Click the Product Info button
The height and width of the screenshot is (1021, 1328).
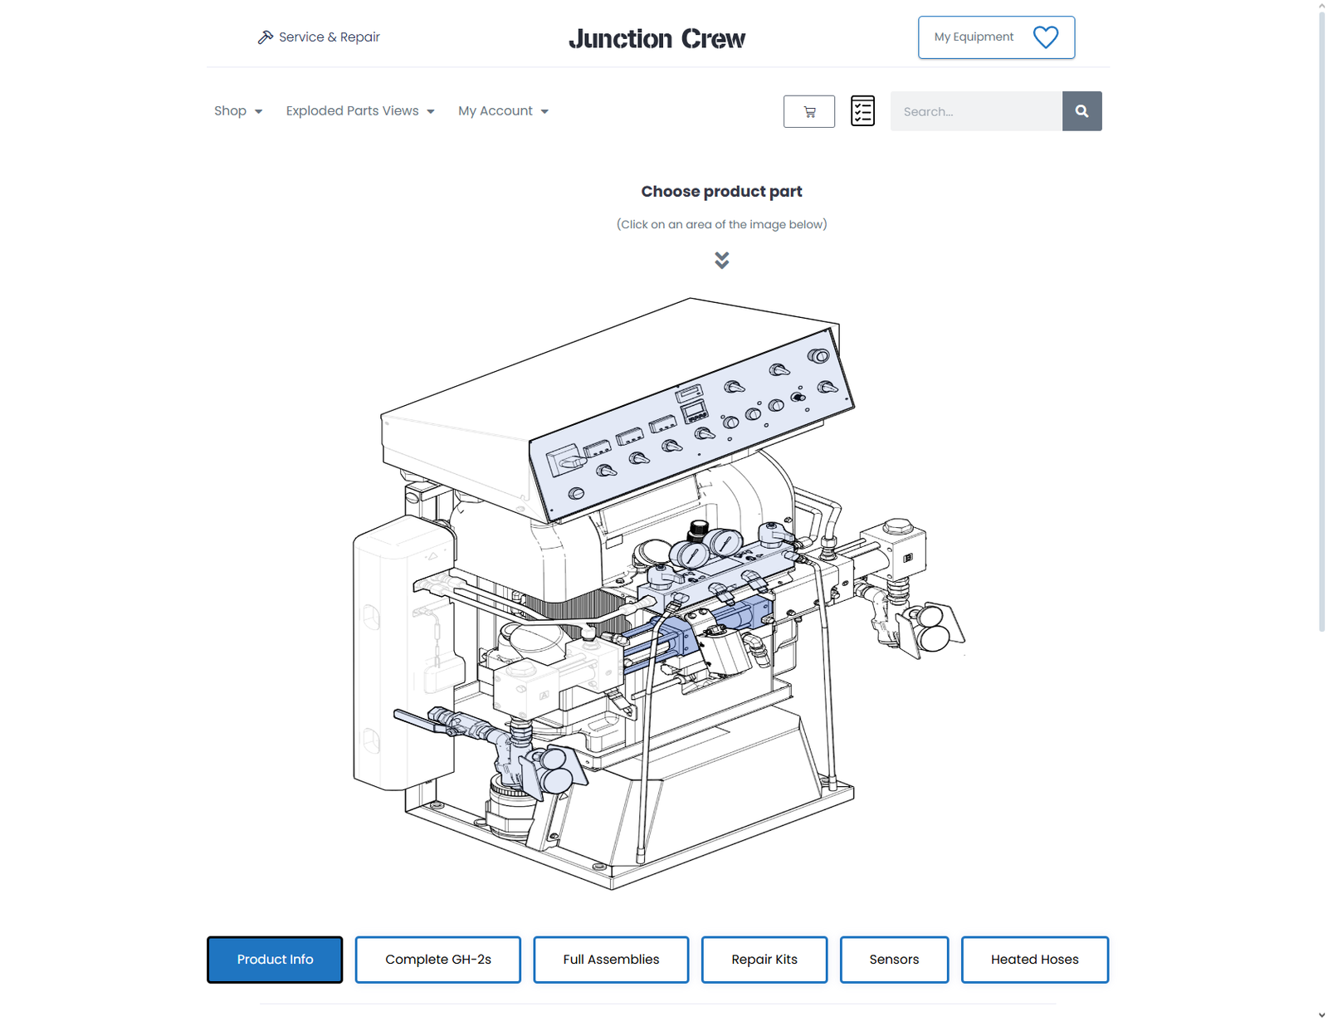tap(275, 959)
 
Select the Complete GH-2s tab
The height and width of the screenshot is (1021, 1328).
tap(437, 959)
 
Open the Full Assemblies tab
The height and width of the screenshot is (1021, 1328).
tap(611, 959)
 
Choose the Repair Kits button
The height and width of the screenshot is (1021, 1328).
tap(764, 959)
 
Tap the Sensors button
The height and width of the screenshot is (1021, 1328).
tap(894, 959)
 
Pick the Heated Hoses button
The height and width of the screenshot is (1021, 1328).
tap(1035, 959)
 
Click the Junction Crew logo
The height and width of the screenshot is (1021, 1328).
tap(657, 38)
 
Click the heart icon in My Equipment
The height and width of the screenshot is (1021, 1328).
tap(1045, 37)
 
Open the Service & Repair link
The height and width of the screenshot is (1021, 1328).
tap(319, 37)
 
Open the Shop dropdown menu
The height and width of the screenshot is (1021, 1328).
tap(237, 110)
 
